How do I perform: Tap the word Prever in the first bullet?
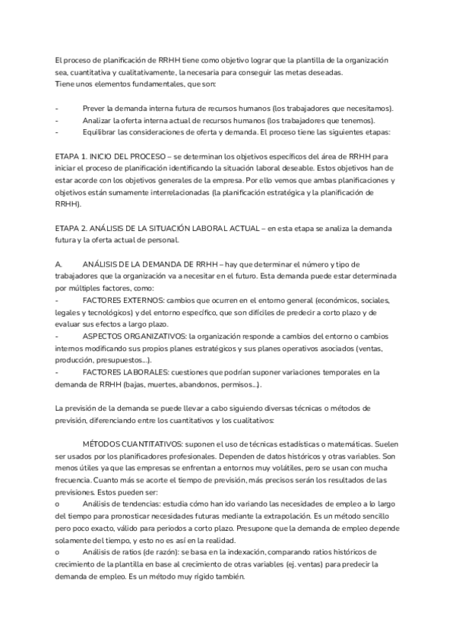click(95, 108)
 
